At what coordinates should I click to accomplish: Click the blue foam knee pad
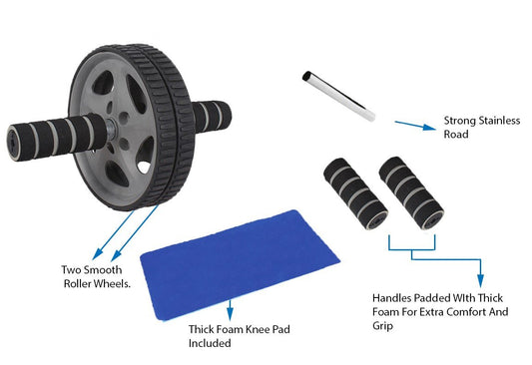[x=240, y=264]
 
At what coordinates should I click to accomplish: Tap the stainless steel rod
[x=339, y=96]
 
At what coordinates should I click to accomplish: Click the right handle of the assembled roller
[x=212, y=117]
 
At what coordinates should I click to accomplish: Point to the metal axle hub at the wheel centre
[x=111, y=129]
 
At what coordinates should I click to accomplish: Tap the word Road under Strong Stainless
[x=456, y=134]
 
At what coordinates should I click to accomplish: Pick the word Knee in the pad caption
[x=258, y=329]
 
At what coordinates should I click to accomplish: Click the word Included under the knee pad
[x=210, y=343]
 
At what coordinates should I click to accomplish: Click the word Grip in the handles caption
[x=382, y=325]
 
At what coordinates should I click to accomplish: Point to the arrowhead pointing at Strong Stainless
[x=429, y=127]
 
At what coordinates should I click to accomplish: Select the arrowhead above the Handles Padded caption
[x=480, y=280]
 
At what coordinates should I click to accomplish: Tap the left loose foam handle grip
[x=355, y=193]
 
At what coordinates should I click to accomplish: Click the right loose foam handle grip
[x=411, y=192]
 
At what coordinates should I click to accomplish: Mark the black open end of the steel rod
[x=306, y=75]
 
